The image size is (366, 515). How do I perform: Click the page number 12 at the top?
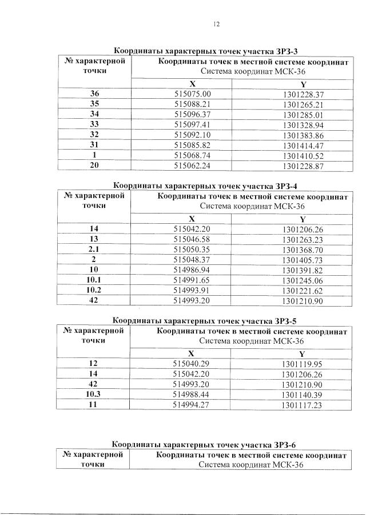[x=216, y=24]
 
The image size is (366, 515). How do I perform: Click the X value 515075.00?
[x=192, y=94]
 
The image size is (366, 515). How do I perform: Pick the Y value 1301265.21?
[x=303, y=104]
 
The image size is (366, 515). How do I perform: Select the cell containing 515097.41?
[x=192, y=125]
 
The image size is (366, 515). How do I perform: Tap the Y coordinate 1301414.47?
[x=303, y=146]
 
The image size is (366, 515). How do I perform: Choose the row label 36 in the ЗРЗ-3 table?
[x=94, y=94]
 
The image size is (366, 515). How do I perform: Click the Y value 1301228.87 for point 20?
[x=303, y=167]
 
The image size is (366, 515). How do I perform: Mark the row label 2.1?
[x=94, y=250]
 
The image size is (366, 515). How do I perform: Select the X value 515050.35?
[x=192, y=250]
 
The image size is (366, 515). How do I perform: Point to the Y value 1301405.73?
[x=303, y=260]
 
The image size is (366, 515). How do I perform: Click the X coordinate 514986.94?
[x=192, y=271]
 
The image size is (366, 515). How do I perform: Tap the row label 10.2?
[x=94, y=291]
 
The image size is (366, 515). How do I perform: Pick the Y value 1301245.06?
[x=303, y=281]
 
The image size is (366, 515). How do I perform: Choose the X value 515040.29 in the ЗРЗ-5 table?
[x=192, y=363]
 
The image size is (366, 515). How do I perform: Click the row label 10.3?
[x=94, y=395]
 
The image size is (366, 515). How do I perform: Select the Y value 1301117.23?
[x=303, y=405]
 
